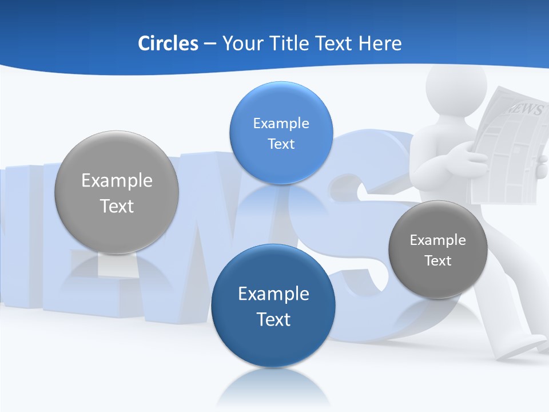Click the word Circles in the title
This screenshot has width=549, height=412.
click(x=168, y=43)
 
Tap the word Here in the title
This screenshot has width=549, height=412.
click(x=380, y=43)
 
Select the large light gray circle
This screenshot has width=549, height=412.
click(x=117, y=229)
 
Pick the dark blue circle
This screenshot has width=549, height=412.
click(x=273, y=343)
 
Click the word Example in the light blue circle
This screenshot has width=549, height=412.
click(x=281, y=124)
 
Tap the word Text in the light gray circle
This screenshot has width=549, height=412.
click(x=117, y=206)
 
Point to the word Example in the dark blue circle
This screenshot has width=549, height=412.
click(x=273, y=294)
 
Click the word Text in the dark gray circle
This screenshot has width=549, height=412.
click(x=438, y=261)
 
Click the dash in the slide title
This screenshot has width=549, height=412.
click(x=210, y=43)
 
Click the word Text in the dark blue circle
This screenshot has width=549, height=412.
click(x=273, y=319)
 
